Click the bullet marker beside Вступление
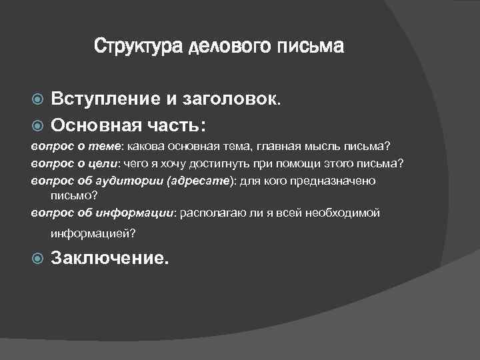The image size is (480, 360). (x=38, y=100)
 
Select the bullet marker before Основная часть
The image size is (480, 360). (x=38, y=125)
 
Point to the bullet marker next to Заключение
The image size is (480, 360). (x=38, y=258)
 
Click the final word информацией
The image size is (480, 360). (x=93, y=233)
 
